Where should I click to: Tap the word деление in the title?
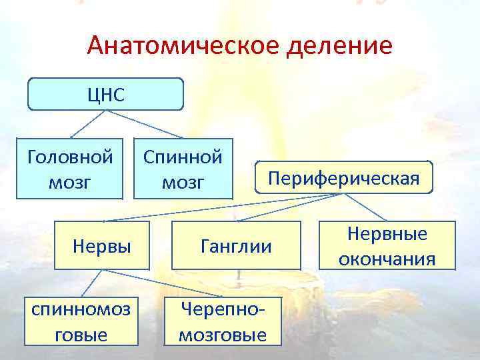339,46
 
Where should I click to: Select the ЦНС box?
105,94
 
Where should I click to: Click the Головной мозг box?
70,169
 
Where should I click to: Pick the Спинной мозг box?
183,169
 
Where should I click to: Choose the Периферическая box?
343,178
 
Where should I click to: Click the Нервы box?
102,246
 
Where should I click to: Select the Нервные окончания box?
387,245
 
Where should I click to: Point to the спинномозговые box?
79,321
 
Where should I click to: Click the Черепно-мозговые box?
223,321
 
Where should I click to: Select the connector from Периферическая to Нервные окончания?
365,207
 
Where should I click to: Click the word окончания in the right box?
387,258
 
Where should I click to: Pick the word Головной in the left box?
70,157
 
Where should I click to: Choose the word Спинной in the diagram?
183,157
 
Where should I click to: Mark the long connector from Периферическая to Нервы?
220,207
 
